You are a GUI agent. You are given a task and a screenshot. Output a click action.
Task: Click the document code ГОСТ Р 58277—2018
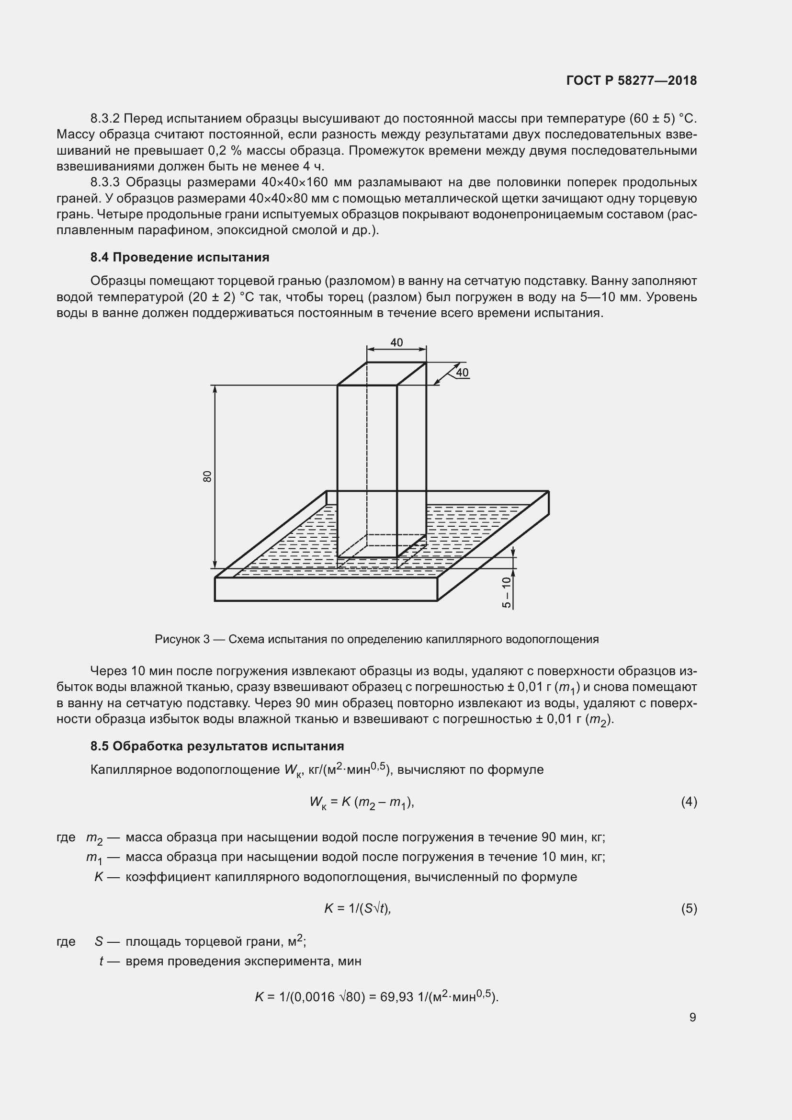632,80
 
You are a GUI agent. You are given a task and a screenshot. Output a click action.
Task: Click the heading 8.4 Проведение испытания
180,257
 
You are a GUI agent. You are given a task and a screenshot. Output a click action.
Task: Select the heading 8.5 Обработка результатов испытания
217,746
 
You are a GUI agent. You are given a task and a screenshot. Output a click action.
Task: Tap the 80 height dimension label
208,476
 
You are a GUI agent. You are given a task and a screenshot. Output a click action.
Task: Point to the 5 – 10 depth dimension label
507,592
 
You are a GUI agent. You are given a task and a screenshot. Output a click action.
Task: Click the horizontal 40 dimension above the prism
396,342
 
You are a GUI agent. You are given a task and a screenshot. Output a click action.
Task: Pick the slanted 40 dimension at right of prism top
462,373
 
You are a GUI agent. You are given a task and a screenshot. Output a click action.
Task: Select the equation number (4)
689,802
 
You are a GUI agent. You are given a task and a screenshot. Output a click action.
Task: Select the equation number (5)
689,908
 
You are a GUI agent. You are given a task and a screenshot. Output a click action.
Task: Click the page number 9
692,1017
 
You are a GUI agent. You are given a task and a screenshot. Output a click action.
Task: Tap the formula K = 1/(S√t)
358,908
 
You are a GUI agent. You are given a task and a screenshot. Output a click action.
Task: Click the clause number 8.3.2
105,119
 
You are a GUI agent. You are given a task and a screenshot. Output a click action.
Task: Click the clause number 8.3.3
105,182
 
